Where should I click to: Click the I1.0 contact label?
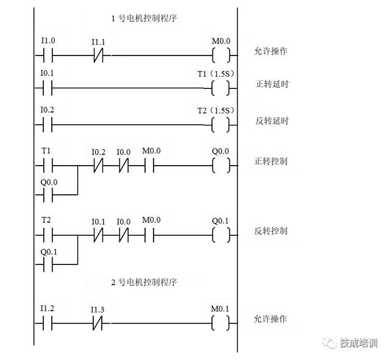[48, 41]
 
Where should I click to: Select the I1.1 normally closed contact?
[97, 56]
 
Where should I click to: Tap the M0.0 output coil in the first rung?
[221, 56]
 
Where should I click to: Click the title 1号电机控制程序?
[144, 18]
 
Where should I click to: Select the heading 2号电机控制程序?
[144, 282]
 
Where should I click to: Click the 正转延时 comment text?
[271, 84]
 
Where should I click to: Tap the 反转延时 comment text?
[271, 121]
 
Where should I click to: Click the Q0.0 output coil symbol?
[221, 165]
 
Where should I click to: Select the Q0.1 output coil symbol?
[221, 235]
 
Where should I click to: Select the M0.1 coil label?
[221, 309]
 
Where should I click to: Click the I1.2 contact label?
[48, 309]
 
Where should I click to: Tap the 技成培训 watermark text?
[359, 343]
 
